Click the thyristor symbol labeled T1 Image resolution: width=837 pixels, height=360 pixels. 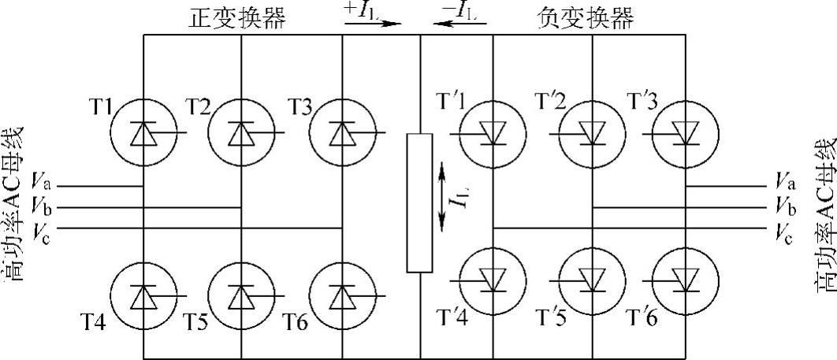point(143,133)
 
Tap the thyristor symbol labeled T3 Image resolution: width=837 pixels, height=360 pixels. point(341,133)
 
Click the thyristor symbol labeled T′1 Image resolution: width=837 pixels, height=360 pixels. point(493,133)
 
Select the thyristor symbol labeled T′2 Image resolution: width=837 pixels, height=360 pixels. point(592,133)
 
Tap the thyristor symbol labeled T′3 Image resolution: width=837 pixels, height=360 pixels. point(686,133)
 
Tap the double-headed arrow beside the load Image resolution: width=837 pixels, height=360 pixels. point(442,196)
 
